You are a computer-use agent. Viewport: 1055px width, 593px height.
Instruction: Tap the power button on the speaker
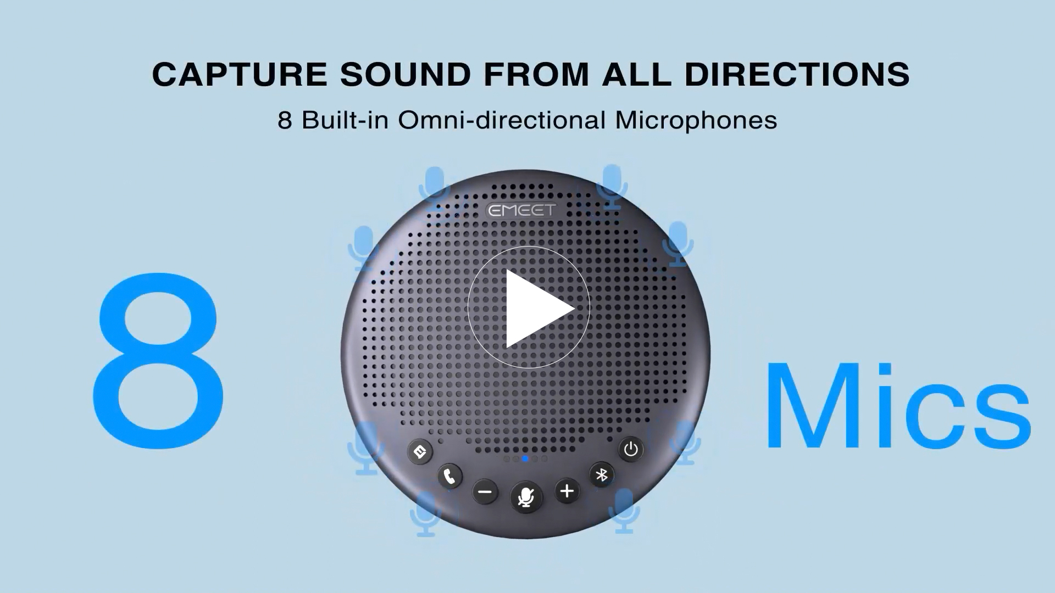point(631,449)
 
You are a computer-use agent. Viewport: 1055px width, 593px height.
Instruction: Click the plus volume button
point(567,491)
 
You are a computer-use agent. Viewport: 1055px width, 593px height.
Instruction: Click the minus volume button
point(485,491)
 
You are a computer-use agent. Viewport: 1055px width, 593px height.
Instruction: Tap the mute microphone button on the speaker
point(526,497)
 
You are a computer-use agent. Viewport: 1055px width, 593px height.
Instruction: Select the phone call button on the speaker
point(450,476)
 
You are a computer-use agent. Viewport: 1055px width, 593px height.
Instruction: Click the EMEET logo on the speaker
point(522,210)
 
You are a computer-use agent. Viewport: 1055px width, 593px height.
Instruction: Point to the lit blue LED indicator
point(525,458)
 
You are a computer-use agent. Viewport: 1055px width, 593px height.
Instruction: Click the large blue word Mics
point(898,405)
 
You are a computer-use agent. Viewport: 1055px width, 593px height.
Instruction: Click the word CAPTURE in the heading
point(240,74)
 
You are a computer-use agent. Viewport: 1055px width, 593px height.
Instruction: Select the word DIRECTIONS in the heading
point(797,74)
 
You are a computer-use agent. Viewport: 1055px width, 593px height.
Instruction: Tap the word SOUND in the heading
point(406,74)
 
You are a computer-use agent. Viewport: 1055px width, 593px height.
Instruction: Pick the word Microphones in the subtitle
point(696,120)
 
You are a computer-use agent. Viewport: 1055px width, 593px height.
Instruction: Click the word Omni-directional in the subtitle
point(502,120)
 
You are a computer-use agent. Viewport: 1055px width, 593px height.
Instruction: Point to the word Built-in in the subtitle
point(345,120)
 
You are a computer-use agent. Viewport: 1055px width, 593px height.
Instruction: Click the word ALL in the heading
point(637,74)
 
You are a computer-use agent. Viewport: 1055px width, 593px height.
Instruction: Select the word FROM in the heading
point(536,74)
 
